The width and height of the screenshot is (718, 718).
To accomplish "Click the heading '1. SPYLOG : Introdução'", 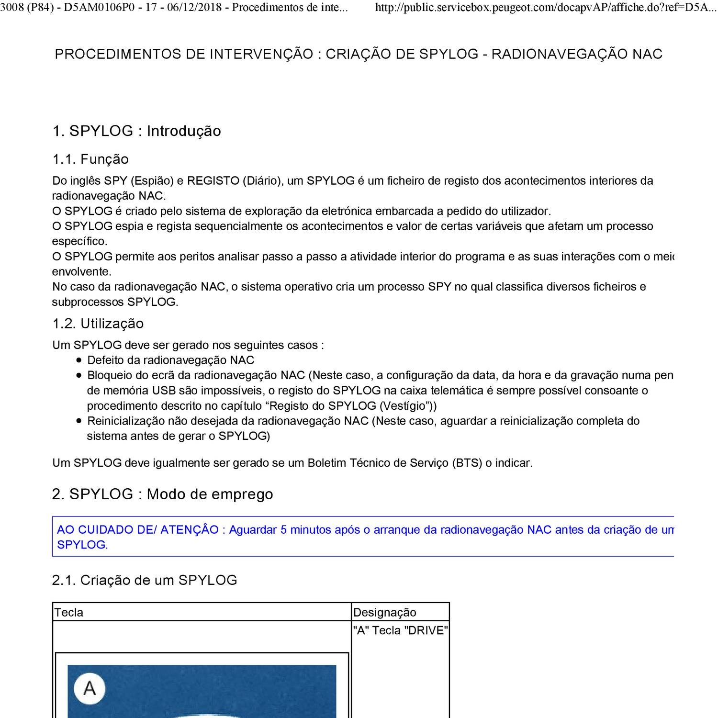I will point(136,131).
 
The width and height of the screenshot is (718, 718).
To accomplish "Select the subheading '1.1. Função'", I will point(90,159).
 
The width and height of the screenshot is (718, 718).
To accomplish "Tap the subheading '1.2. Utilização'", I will point(98,324).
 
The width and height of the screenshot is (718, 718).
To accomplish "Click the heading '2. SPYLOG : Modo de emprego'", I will point(162,494).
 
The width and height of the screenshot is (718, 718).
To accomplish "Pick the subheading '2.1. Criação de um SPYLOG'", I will point(145,580).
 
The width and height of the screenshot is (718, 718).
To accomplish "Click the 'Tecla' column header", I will point(69,612).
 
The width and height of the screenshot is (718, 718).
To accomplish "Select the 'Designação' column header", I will point(385,612).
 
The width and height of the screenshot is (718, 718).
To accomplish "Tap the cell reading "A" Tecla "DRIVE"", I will point(400,630).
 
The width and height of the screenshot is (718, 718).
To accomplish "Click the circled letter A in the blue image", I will point(90,688).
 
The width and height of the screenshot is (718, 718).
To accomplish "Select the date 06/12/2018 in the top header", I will point(197,8).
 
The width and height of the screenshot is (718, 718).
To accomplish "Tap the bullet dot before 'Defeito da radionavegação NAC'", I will point(79,360).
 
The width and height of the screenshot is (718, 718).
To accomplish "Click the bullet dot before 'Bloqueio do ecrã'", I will point(79,376).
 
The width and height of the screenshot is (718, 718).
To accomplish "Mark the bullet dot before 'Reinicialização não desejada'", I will point(79,421).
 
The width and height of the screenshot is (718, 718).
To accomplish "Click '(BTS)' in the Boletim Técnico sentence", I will point(467,463).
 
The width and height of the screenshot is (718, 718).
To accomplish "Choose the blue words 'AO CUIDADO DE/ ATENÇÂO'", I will point(138,530).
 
